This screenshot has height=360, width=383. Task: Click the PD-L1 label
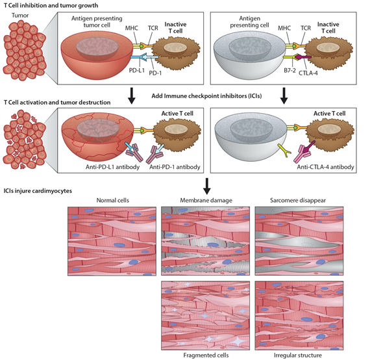pos(137,70)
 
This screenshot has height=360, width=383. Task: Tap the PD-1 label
pos(155,73)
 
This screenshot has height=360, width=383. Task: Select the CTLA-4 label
pos(308,73)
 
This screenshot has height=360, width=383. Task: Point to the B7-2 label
pos(290,70)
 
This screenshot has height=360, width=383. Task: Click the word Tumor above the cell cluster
pos(20,16)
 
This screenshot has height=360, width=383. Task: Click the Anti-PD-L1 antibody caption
pos(112,167)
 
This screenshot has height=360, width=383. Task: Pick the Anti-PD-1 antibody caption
pos(175,167)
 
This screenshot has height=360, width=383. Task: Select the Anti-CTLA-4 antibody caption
pos(326,167)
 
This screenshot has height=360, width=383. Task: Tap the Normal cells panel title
pos(112,200)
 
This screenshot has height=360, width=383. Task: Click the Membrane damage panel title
pos(206,200)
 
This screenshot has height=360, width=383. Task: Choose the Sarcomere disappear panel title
pos(298,200)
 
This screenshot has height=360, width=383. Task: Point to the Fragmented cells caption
pos(206,355)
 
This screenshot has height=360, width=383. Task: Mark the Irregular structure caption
pos(298,355)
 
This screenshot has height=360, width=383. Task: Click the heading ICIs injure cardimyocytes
pos(38,191)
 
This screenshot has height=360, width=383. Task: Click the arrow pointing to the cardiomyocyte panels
pos(207,186)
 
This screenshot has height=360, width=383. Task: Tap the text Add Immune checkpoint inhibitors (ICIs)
pos(206,96)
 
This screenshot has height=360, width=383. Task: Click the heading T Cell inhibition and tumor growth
pos(51,5)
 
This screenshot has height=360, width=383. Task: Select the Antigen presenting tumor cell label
pos(97,21)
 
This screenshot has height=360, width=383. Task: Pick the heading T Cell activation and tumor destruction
pos(57,102)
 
